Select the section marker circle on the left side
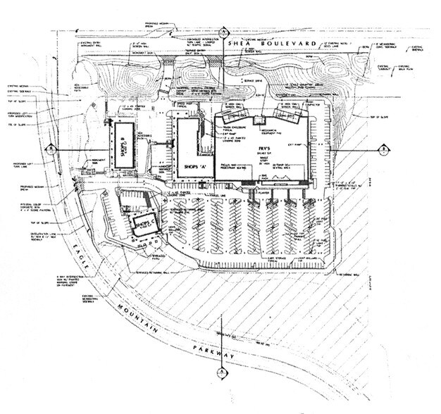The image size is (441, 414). coord(49,149)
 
